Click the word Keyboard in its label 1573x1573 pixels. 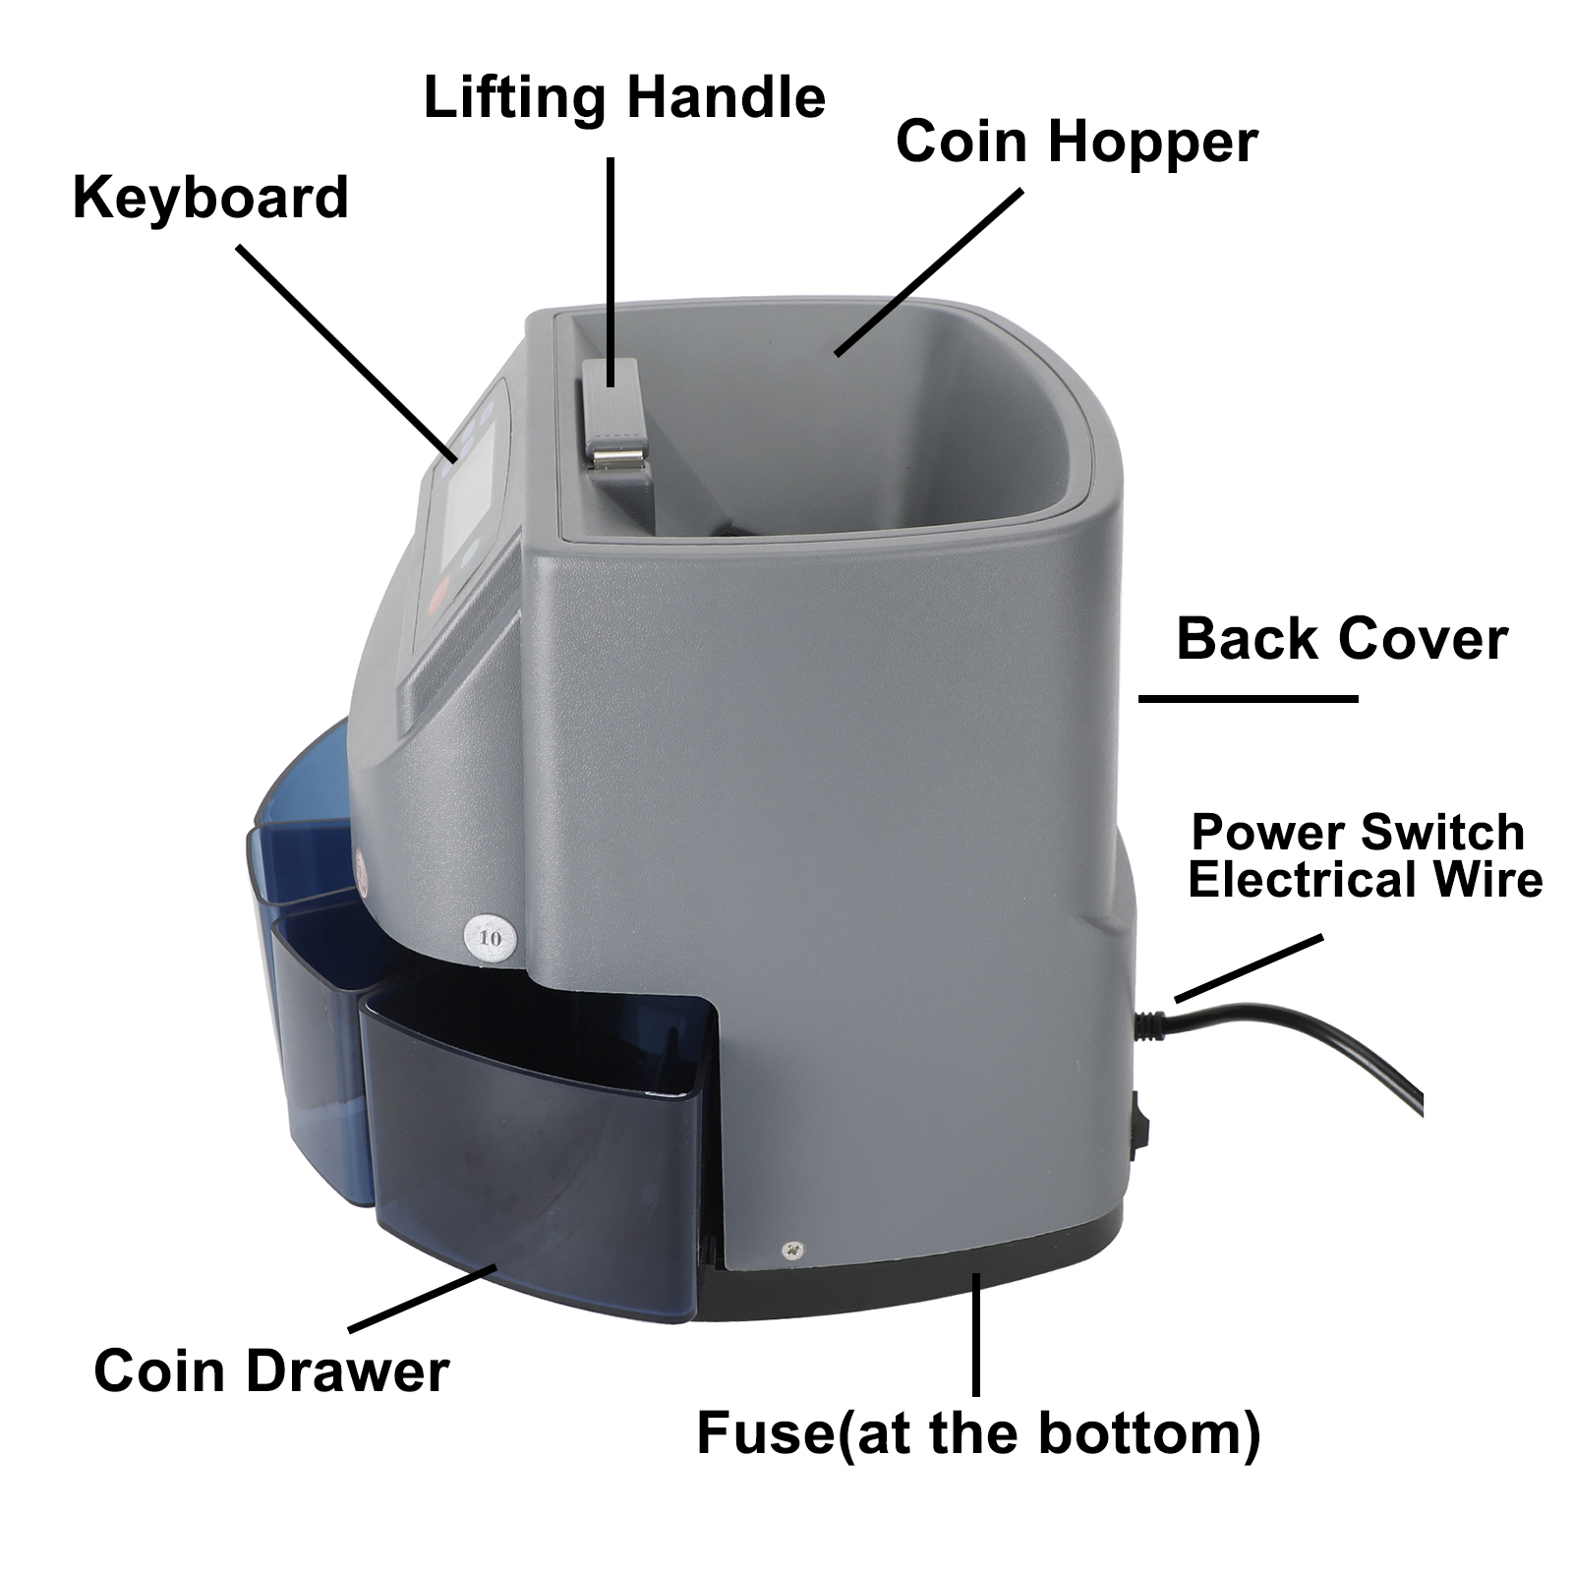coord(210,199)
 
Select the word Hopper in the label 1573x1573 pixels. coord(1152,144)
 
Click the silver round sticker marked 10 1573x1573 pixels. coord(490,937)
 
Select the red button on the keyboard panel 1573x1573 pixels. coord(439,593)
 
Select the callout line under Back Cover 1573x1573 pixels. coord(1248,698)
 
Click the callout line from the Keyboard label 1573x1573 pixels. coord(347,354)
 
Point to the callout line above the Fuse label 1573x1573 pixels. coord(975,1334)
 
